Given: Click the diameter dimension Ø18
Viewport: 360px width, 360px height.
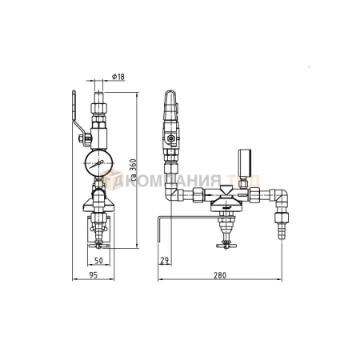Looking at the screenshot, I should [116, 77].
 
